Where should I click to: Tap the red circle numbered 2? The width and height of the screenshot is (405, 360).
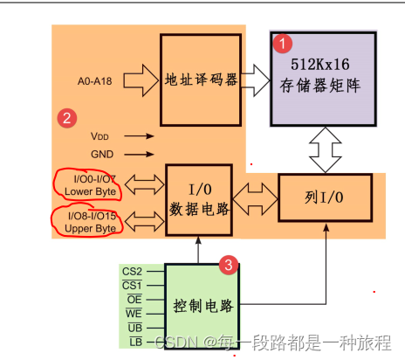pyautogui.click(x=65, y=117)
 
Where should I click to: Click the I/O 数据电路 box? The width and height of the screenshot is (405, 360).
pyautogui.click(x=200, y=199)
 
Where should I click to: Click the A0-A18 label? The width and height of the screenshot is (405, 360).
pyautogui.click(x=96, y=82)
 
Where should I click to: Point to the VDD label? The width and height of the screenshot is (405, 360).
pyautogui.click(x=101, y=136)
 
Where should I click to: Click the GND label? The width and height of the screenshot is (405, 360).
pyautogui.click(x=101, y=153)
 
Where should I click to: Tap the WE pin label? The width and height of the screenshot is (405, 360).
pyautogui.click(x=133, y=313)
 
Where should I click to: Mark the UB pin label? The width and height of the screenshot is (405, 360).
pyautogui.click(x=134, y=327)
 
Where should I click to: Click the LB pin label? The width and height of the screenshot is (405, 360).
pyautogui.click(x=134, y=341)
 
